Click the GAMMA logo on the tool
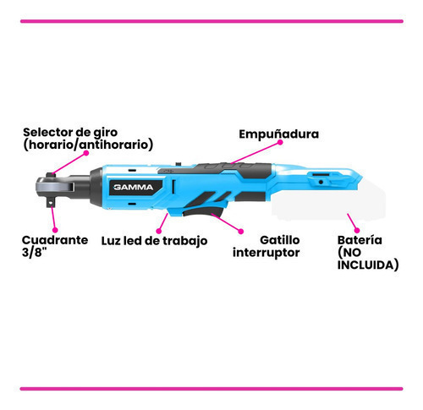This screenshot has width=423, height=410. (134, 187)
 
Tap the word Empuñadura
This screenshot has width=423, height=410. (279, 134)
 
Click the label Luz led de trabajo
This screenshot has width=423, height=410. (154, 241)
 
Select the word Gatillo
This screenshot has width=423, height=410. (280, 240)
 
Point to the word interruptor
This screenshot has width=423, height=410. (266, 253)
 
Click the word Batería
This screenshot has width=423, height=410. (360, 240)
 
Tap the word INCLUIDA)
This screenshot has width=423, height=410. (368, 265)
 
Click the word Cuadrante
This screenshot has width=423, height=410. (55, 240)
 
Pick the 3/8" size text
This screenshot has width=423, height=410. (34, 252)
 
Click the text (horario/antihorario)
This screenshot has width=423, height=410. (88, 145)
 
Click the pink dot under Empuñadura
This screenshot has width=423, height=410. (280, 142)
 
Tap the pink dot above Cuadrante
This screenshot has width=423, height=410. (56, 230)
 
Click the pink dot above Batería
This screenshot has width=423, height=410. (357, 230)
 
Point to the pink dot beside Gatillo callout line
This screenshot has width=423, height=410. (241, 232)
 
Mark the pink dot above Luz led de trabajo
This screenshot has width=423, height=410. (159, 231)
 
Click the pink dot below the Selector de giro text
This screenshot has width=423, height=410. (86, 153)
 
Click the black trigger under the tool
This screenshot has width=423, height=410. (204, 211)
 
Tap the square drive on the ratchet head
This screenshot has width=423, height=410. (51, 202)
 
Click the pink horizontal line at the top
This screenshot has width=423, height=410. (211, 21)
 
